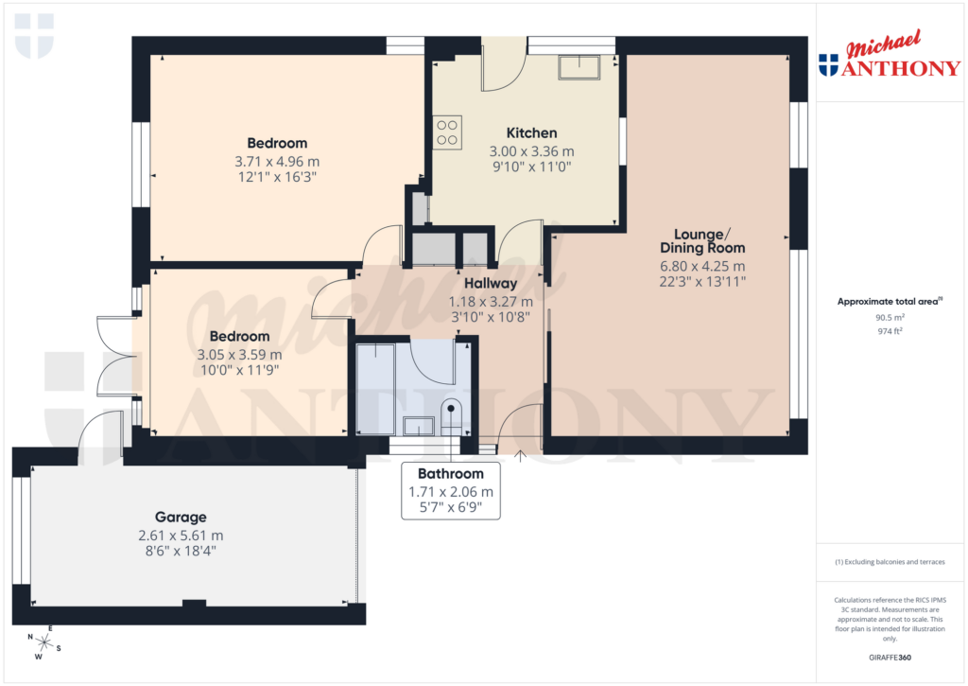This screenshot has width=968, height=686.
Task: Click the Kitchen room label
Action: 531,132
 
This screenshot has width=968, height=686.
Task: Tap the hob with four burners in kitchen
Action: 447,132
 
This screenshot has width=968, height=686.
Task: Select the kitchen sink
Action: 578,66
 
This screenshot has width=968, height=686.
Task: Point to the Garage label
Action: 180,518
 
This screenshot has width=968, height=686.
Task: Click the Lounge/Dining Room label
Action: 702,240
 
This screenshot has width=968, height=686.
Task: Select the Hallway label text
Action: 490,283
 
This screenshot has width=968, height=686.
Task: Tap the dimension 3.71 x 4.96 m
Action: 277,161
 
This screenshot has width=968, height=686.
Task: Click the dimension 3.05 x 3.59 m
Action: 239,354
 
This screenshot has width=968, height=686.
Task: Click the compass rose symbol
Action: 43,642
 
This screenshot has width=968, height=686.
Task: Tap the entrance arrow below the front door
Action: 520,456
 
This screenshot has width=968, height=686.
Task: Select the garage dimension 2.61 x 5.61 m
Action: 180,535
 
